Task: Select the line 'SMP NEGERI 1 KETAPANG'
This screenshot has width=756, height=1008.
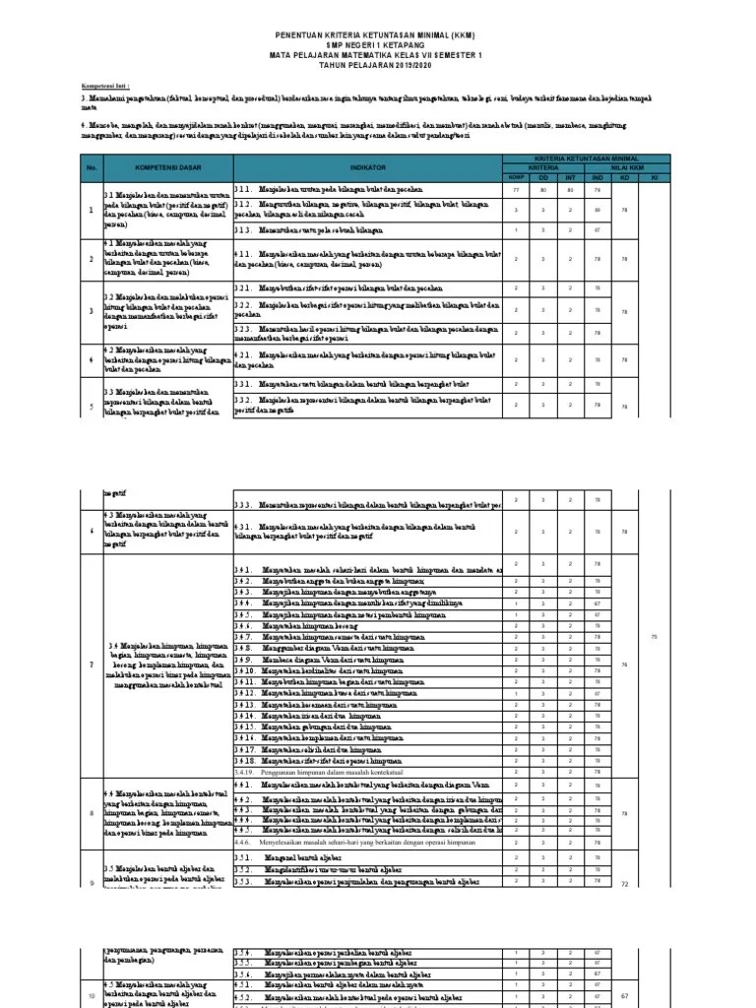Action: [x=378, y=45]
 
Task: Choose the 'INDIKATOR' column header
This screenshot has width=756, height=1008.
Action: [x=367, y=169]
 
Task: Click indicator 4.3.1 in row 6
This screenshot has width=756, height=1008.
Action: [x=364, y=532]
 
